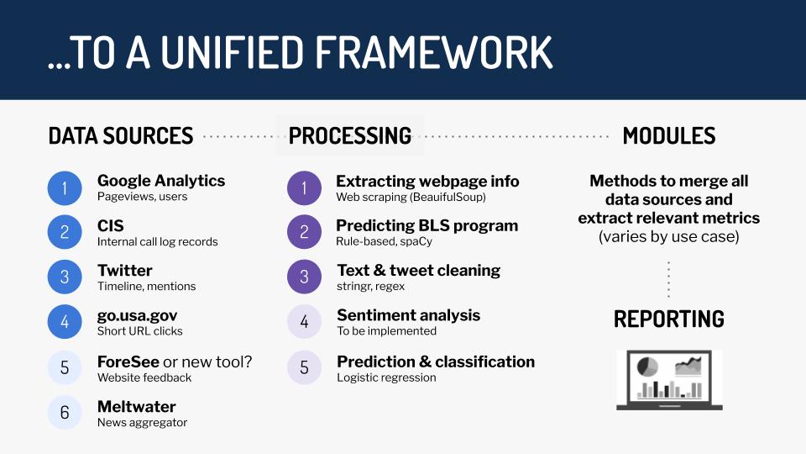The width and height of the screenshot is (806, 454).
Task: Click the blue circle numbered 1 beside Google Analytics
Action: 65,188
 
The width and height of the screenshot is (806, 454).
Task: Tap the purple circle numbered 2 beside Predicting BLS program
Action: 304,232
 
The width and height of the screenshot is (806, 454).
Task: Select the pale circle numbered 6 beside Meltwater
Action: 65,412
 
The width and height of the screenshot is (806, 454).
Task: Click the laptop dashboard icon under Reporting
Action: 669,380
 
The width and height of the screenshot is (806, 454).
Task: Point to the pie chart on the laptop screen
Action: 647,367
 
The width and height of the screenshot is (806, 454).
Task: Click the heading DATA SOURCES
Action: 121,136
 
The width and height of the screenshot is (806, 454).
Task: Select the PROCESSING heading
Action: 350,136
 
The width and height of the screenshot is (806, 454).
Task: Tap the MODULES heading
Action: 669,136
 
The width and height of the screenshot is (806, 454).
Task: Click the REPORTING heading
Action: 669,319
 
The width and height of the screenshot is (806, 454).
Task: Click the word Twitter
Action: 125,270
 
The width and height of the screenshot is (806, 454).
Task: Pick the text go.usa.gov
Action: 137,315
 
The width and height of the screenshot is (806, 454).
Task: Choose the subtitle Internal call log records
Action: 157,241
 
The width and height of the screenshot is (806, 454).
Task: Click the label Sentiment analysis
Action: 409,315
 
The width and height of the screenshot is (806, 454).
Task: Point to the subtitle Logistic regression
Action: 386,377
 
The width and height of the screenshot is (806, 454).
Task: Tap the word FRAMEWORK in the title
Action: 434,52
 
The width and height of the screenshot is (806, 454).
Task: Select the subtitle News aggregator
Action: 143,423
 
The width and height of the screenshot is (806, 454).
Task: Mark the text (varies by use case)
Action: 669,237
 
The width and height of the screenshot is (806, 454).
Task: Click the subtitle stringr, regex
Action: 370,286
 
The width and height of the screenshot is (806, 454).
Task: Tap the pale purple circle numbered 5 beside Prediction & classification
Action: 304,367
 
